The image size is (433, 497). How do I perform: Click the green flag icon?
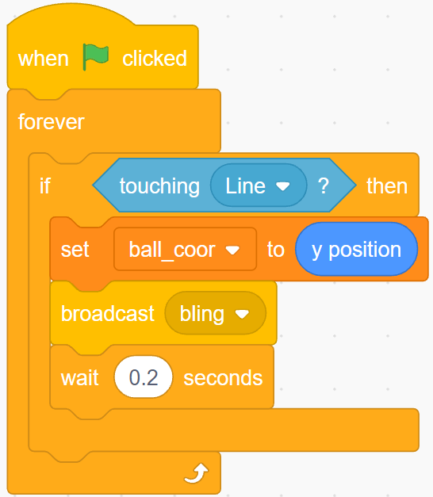pyautogui.click(x=95, y=57)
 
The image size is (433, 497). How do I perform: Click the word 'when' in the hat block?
pyautogui.click(x=44, y=59)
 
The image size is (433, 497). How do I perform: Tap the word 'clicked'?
pyautogui.click(x=155, y=59)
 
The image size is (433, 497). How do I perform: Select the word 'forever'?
pyautogui.click(x=51, y=122)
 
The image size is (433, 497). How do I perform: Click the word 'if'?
pyautogui.click(x=44, y=185)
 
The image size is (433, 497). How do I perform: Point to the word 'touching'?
pyautogui.click(x=159, y=186)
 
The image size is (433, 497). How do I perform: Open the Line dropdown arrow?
pyautogui.click(x=282, y=185)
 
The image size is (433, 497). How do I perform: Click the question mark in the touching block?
pyautogui.click(x=324, y=185)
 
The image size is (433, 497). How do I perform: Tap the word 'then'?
pyautogui.click(x=387, y=185)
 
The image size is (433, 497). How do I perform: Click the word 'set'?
pyautogui.click(x=75, y=250)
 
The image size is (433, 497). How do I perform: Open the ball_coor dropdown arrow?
pyautogui.click(x=232, y=250)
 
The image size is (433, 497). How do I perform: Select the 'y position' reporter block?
pyautogui.click(x=356, y=249)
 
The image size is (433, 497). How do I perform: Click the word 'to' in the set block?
pyautogui.click(x=276, y=250)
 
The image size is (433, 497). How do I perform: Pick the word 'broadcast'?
pyautogui.click(x=108, y=313)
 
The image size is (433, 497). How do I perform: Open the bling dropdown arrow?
pyautogui.click(x=242, y=314)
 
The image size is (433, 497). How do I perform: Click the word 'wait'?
pyautogui.click(x=79, y=378)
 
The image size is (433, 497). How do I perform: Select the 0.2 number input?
pyautogui.click(x=144, y=377)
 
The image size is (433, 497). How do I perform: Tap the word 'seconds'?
pyautogui.click(x=223, y=378)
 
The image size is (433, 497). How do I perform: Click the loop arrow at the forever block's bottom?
pyautogui.click(x=197, y=473)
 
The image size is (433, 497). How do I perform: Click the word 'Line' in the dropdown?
pyautogui.click(x=245, y=185)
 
